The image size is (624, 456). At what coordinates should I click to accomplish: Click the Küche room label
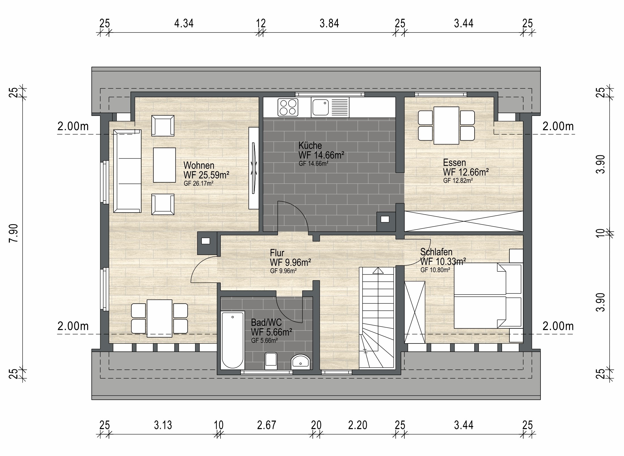coord(310,146)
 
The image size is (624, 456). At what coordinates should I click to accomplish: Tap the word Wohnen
coord(199,165)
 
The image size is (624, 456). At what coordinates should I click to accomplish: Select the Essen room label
coord(454,163)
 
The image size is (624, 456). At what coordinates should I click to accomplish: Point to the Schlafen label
coord(436,252)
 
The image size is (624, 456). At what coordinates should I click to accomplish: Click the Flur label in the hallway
coord(277,253)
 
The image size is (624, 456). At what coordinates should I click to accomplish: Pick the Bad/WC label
coord(266,323)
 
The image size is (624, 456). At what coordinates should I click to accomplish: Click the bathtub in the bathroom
coord(232,340)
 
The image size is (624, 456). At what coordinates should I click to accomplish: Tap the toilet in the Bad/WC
coord(271,361)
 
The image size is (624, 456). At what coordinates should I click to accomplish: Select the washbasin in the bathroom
coord(301,362)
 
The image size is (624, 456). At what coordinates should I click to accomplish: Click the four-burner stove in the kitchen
coord(288,107)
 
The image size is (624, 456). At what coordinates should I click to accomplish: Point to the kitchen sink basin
coord(320,107)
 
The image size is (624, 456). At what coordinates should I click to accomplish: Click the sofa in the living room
coord(127,171)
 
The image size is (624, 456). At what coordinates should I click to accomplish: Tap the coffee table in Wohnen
coord(164,165)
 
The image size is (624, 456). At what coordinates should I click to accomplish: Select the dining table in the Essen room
coord(446,125)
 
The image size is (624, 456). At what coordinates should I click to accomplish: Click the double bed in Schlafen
coord(488,296)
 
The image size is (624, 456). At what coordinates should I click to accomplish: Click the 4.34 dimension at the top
coord(184,23)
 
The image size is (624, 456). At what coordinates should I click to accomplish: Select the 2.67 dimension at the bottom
coord(267,425)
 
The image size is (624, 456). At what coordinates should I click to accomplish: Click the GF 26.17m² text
coord(198,183)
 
